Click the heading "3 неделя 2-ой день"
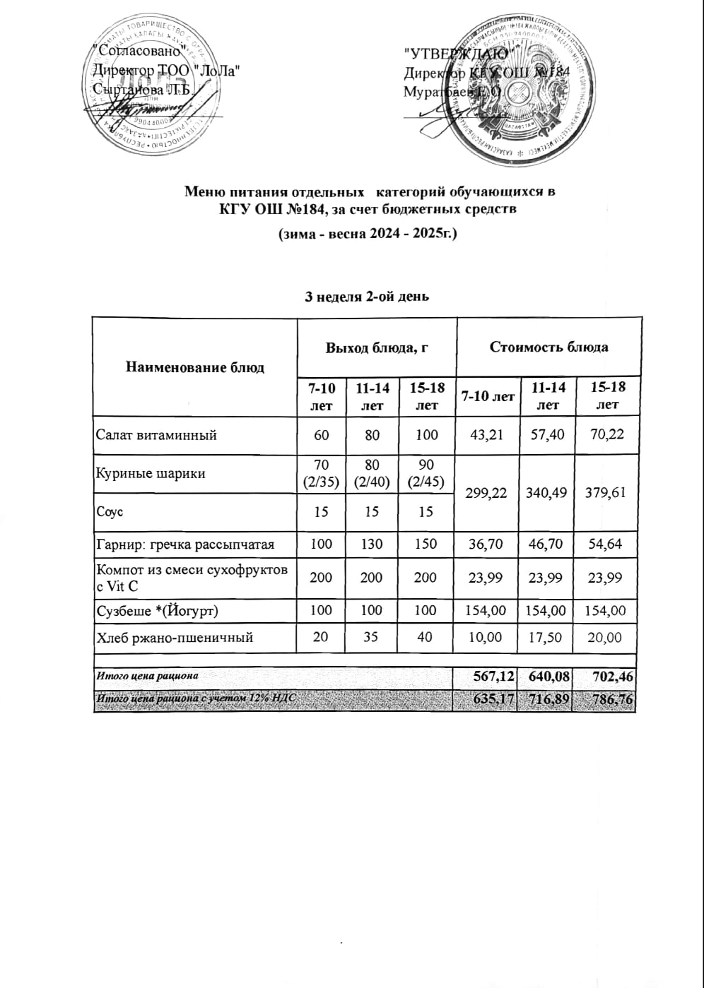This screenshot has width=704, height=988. tap(366, 297)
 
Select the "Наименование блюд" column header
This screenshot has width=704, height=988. tap(195, 367)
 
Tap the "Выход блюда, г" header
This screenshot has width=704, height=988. tap(377, 347)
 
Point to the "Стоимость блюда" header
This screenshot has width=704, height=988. tap(548, 347)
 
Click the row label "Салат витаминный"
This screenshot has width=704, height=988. tap(156, 435)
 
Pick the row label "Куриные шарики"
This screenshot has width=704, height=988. tap(151, 473)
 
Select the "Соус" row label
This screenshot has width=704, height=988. tap(110, 512)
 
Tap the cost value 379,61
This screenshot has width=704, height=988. tap(607, 493)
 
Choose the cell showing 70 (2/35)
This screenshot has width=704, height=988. tap(321, 473)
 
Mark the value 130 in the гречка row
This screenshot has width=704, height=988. tap(372, 544)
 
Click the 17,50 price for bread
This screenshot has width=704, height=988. tap(547, 637)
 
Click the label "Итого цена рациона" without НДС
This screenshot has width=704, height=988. tap(147, 676)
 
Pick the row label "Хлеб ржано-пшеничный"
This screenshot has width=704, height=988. tap(175, 637)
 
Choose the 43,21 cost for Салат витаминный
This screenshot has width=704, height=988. tap(486, 435)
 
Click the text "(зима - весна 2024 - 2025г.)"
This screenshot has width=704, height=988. tap(365, 233)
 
